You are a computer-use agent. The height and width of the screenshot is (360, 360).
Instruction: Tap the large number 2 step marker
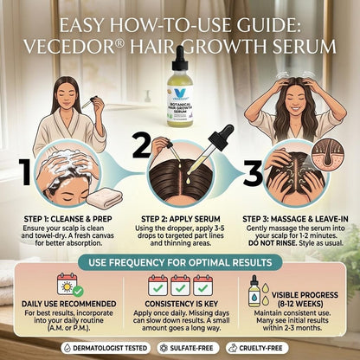pos(142,147)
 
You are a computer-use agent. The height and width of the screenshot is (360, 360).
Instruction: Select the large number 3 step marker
pos(253,173)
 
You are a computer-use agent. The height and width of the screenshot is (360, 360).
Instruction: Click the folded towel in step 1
pos(106,197)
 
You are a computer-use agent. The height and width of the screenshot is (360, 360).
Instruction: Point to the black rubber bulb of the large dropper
pos(222,138)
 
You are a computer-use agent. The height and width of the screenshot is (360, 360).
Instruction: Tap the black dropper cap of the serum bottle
pos(180,58)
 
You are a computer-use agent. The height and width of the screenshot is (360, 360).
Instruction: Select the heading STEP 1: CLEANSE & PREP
pos(67,219)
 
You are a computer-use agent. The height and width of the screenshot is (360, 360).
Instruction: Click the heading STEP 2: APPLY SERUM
pos(181,219)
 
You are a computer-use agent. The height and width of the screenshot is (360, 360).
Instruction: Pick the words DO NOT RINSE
pos(273,243)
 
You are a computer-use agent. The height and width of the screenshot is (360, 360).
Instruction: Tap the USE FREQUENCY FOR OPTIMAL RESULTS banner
pos(180,262)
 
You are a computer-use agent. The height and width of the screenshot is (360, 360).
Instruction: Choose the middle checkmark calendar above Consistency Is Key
pos(180,286)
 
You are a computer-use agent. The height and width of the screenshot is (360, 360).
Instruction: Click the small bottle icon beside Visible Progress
pos(254,292)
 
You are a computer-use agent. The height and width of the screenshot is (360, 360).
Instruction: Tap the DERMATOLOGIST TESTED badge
pos(106,348)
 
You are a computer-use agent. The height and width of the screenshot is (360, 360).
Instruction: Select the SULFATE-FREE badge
pos(188,348)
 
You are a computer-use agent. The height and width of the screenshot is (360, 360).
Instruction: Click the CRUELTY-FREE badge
pos(257,348)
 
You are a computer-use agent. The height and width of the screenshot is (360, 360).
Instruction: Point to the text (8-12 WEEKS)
pos(300,304)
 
